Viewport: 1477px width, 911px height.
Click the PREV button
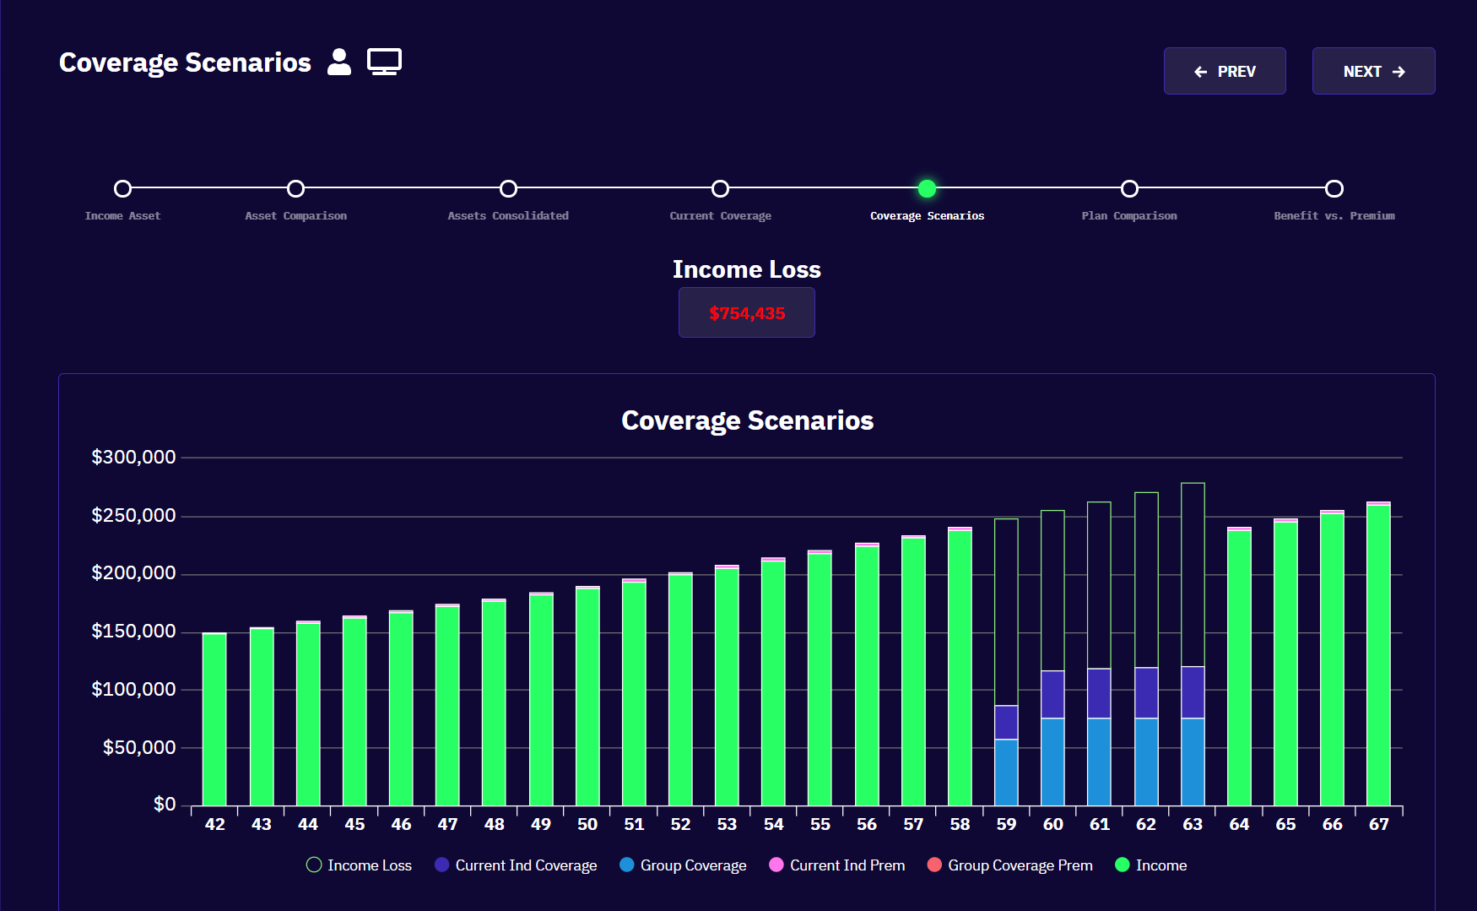coord(1225,72)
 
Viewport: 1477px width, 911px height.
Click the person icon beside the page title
coord(339,62)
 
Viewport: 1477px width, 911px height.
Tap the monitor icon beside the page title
coord(384,62)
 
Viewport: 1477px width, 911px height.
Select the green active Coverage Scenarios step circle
coord(927,188)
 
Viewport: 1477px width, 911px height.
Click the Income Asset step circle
coord(123,188)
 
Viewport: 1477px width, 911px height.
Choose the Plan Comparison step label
coord(1128,216)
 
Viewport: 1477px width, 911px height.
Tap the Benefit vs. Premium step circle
coord(1334,188)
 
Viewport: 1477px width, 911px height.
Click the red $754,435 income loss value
coord(747,313)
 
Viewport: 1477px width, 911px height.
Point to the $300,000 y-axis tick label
coord(133,458)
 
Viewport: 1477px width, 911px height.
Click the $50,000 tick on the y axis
coord(138,748)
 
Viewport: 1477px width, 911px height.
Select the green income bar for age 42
coord(214,719)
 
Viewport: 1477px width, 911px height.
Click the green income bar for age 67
coord(1377,655)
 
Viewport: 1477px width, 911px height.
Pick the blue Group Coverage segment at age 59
coord(1006,773)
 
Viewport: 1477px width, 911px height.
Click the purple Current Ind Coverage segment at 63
coord(1192,692)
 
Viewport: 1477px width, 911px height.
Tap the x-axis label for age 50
coord(587,825)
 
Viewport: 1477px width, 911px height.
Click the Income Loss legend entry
coord(360,865)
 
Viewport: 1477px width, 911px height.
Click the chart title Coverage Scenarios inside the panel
coord(747,420)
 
